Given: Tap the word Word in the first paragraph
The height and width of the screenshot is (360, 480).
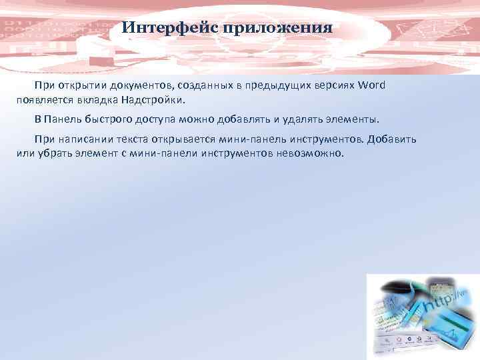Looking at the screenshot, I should pos(371,86).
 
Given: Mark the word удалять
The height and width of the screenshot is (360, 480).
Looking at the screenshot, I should pos(304,119).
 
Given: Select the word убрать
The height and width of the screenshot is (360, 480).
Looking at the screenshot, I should pos(48,153).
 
